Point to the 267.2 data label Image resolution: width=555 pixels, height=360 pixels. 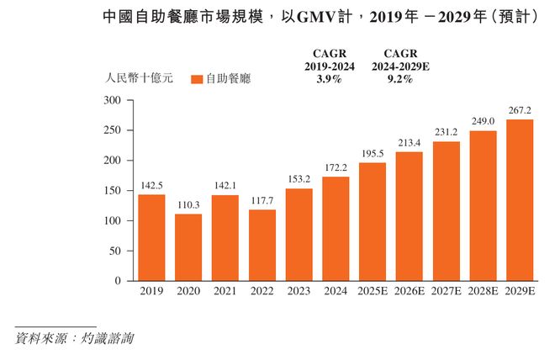pos(519,111)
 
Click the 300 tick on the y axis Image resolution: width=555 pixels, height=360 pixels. pos(113,100)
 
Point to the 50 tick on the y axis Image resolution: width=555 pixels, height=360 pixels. pos(116,251)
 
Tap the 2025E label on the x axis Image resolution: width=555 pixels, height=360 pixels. pos(373,292)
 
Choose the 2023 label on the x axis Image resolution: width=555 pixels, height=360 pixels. pos(299,292)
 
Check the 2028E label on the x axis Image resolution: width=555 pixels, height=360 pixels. pos(483,292)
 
